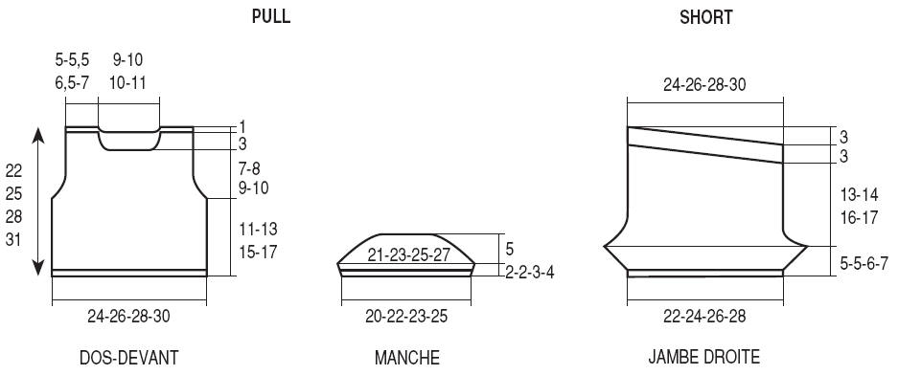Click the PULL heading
[271, 16]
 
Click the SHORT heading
[706, 17]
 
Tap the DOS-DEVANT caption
[128, 358]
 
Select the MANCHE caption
[407, 358]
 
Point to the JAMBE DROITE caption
[704, 357]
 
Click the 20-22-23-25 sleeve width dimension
[406, 316]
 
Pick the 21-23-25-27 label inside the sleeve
[408, 255]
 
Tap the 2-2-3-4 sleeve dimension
[529, 272]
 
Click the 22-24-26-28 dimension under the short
[705, 316]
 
